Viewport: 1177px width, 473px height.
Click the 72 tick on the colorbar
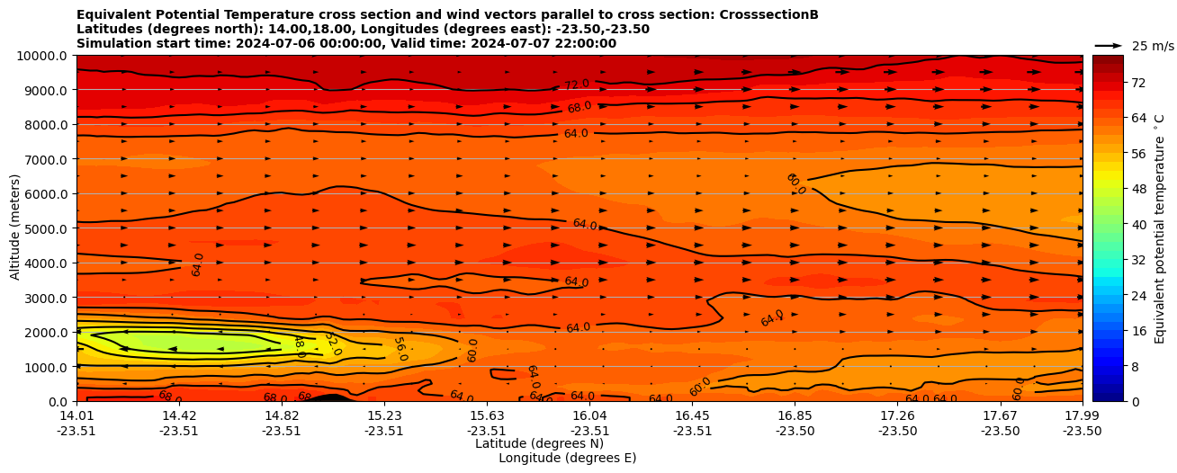(1112, 83)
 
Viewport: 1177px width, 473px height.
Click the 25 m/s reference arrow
(1109, 46)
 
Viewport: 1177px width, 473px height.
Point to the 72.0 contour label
(577, 85)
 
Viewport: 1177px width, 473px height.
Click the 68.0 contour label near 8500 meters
(580, 107)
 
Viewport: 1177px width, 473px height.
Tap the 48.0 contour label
(299, 346)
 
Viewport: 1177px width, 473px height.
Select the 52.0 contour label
(332, 344)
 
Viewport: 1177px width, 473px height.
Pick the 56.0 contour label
(400, 349)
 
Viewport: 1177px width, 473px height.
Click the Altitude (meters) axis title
(15, 228)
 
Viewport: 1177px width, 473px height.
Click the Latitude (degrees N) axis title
(539, 443)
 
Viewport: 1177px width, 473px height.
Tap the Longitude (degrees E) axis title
(567, 458)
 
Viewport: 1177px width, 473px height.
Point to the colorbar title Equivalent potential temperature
(1160, 228)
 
